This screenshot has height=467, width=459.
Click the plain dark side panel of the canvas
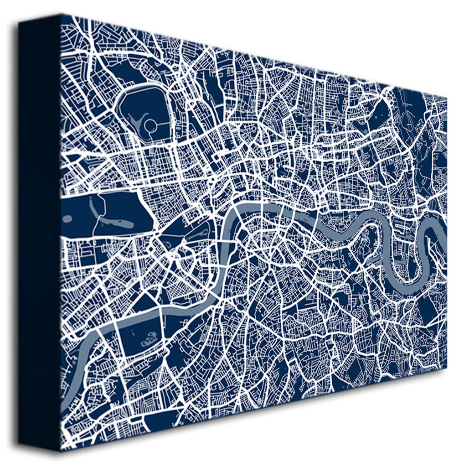[39, 228]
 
